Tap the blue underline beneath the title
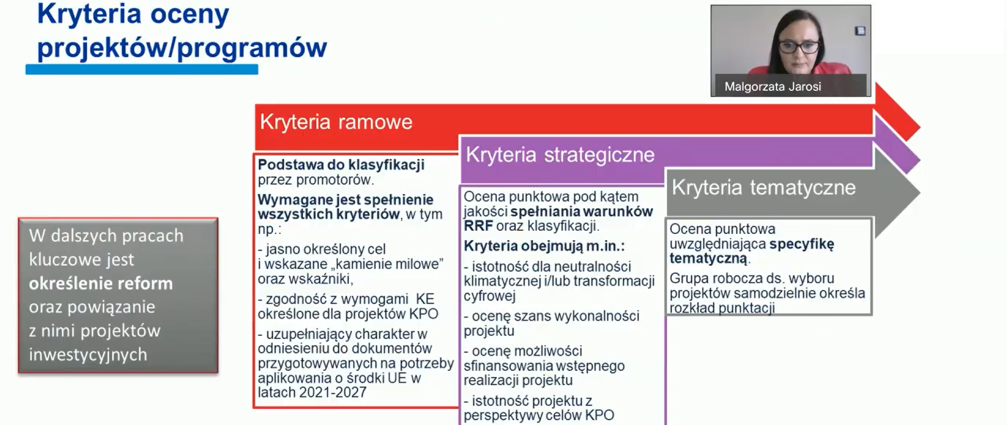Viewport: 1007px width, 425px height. [x=142, y=69]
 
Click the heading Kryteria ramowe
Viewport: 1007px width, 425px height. [x=336, y=122]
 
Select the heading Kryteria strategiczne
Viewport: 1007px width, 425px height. [x=560, y=155]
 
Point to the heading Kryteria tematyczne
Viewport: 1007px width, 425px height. [x=763, y=187]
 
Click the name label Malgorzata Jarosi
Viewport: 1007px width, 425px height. [x=772, y=87]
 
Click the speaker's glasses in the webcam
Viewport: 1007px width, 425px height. [x=798, y=47]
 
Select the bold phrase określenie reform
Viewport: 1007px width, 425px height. [x=101, y=283]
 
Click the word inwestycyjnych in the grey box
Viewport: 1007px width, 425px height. [x=88, y=355]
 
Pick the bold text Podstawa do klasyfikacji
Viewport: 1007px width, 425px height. [x=341, y=165]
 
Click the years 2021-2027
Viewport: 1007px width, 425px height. [x=333, y=392]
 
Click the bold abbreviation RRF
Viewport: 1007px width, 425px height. [x=478, y=226]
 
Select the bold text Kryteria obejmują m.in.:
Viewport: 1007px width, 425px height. [x=544, y=246]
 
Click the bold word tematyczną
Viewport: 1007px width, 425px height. [x=709, y=258]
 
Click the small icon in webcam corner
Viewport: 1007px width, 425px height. [x=860, y=31]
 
